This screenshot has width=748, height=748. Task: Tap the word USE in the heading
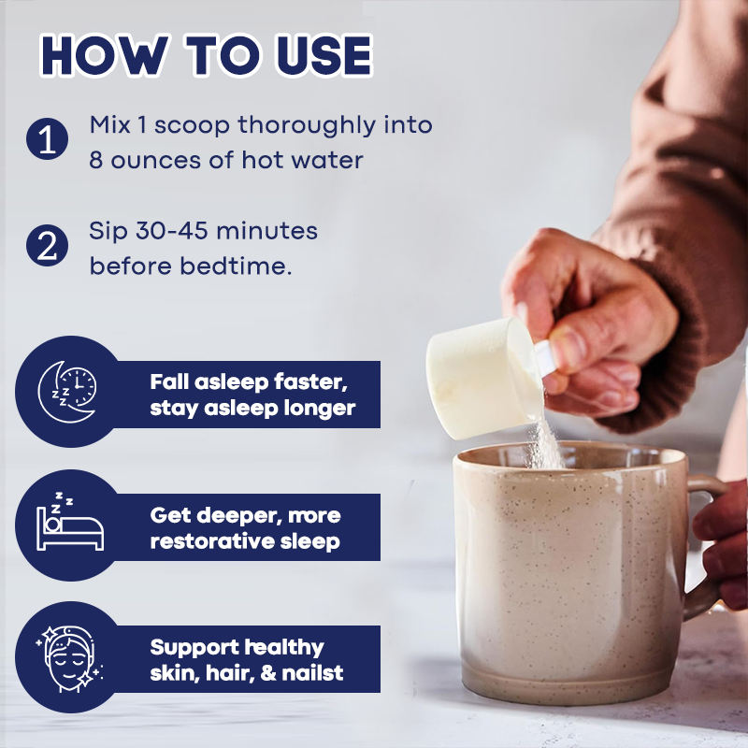point(324,55)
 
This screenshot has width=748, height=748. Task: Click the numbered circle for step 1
point(48,138)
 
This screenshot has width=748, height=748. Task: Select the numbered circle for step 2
point(48,246)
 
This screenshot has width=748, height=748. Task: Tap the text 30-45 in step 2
point(172,231)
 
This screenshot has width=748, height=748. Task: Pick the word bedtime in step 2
point(237,266)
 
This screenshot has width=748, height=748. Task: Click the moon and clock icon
point(66,392)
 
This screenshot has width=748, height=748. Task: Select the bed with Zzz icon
point(69,522)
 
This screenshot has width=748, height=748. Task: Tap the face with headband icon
point(69,659)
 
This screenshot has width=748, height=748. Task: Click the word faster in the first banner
point(310,382)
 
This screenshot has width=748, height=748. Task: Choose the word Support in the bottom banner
point(194,648)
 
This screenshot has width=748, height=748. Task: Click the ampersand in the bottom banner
point(268,673)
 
